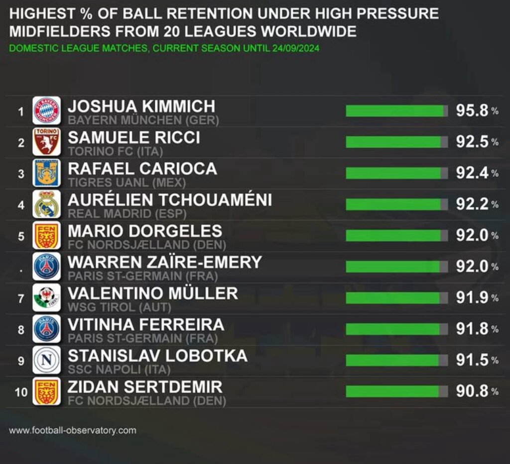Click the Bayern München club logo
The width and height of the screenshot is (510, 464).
tap(47, 110)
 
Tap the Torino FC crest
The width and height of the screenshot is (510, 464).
tap(47, 142)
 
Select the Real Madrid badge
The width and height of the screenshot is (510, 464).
tap(47, 204)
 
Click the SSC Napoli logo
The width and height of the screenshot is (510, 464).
tap(47, 360)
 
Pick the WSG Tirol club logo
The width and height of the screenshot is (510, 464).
tap(47, 297)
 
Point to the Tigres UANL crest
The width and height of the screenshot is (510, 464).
tap(47, 173)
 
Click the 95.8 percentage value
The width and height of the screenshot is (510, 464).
tap(472, 111)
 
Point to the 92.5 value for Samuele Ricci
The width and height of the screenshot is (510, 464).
tap(472, 142)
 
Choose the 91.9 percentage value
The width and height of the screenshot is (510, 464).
tap(472, 298)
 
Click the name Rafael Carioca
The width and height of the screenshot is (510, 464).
tap(142, 169)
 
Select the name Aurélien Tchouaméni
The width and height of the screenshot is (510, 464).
tap(170, 200)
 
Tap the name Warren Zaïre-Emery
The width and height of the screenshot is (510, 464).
tap(165, 262)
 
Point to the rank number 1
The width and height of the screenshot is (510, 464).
tap(21, 112)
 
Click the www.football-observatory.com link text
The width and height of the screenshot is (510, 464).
tap(72, 430)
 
